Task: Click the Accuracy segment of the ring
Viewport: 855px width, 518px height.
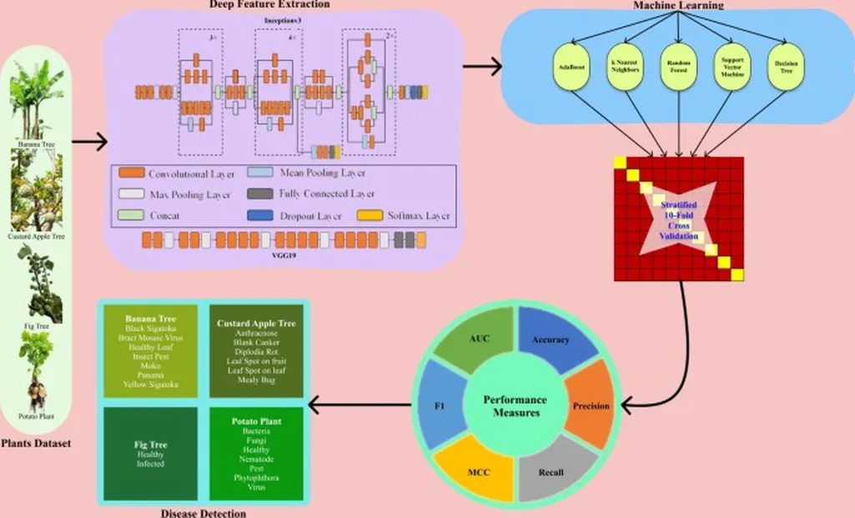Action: pyautogui.click(x=549, y=338)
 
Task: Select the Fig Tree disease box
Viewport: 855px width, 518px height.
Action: pyautogui.click(x=150, y=452)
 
